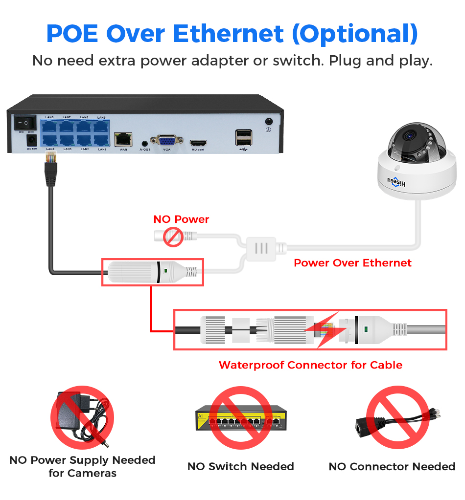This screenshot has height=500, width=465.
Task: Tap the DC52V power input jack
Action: point(31,141)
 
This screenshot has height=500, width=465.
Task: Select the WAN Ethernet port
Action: point(123,139)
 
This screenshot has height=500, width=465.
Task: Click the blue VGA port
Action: point(166,140)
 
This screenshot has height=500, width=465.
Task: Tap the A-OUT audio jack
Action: point(144,142)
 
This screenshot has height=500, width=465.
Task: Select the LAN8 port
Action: point(50,127)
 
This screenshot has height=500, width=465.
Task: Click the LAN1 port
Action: point(101,140)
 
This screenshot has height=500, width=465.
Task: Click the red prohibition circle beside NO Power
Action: point(173,237)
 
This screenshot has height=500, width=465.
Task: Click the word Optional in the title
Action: point(354,34)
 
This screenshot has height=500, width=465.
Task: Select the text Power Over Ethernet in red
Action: point(352,263)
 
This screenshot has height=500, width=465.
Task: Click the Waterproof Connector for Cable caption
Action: point(310,365)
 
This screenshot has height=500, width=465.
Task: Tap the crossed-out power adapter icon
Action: point(82,419)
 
